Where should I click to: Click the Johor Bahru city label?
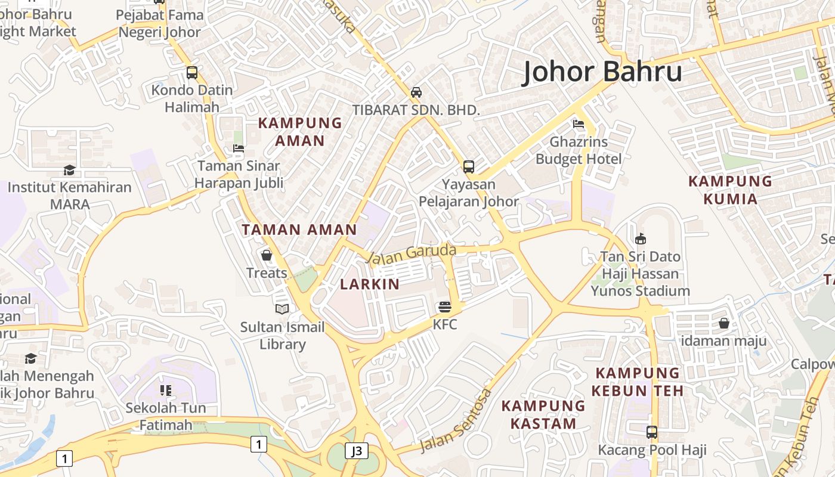coord(602,72)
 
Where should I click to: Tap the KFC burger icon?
coord(445,307)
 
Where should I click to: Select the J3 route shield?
coord(356,451)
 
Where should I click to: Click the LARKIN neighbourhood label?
coord(370,284)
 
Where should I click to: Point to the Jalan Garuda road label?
coord(411,254)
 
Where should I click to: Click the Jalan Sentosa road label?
coord(456,421)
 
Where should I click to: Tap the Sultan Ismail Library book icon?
coord(282,309)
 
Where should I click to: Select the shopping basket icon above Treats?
coord(267,255)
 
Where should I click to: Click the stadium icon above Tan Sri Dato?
coord(641,239)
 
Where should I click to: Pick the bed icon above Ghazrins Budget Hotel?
coord(578,124)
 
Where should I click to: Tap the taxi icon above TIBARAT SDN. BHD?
coord(416,92)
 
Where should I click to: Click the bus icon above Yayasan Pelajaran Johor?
coord(469,166)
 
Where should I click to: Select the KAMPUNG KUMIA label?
coord(730,190)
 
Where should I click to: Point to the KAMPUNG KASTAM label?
coord(543,414)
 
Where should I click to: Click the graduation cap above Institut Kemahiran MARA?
coord(70,170)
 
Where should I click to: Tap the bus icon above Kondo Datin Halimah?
coord(191,73)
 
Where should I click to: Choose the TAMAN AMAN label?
coord(299,230)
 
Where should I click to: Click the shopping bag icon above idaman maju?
coord(723,323)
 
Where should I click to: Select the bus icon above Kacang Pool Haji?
coord(652,432)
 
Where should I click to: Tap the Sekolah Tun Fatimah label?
coord(165,416)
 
